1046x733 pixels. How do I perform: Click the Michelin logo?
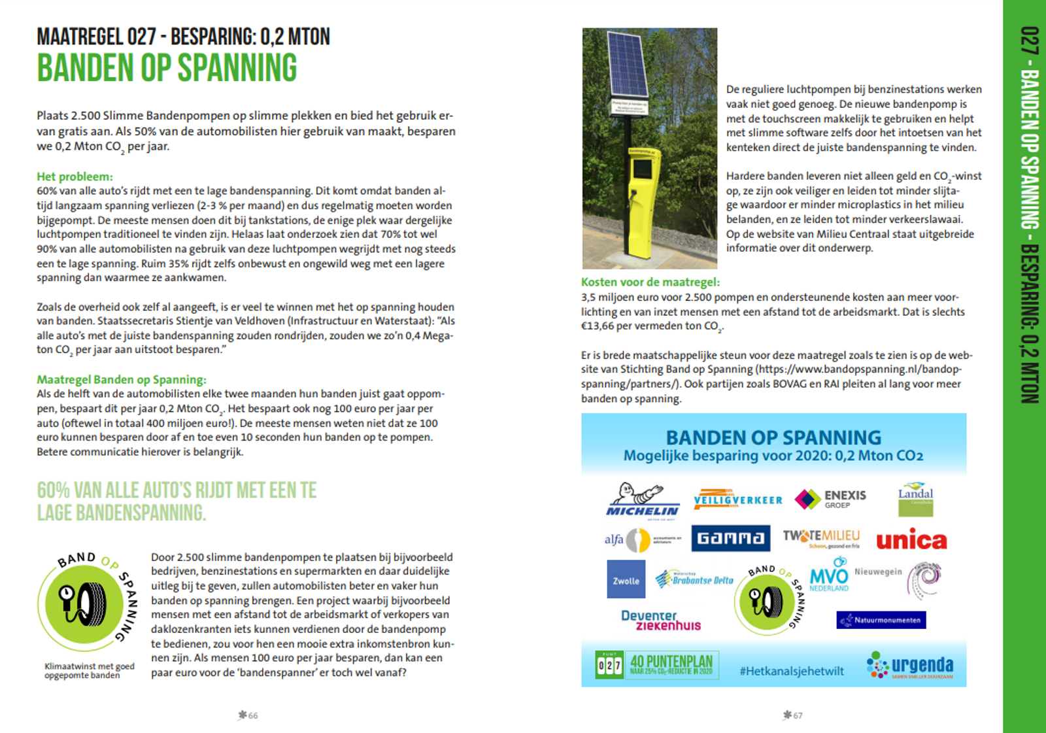coord(641,501)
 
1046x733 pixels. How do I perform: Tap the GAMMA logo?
coord(730,538)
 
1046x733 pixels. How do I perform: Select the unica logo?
coord(911,540)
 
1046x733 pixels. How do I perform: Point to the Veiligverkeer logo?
coord(737,500)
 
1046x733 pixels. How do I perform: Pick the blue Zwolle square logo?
coord(626,579)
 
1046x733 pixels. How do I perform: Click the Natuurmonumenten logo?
coord(881,619)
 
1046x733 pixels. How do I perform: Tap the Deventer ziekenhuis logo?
coord(660,620)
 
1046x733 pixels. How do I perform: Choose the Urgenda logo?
coord(910,666)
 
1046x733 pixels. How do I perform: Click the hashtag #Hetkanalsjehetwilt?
coord(791,671)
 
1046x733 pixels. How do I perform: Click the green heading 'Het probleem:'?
coord(75,177)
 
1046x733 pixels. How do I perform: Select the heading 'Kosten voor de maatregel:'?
coord(650,282)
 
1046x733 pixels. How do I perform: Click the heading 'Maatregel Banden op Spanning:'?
coord(121,380)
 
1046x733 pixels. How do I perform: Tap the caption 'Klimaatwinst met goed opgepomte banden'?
coord(89,671)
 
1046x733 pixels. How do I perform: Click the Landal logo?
coord(915,499)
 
